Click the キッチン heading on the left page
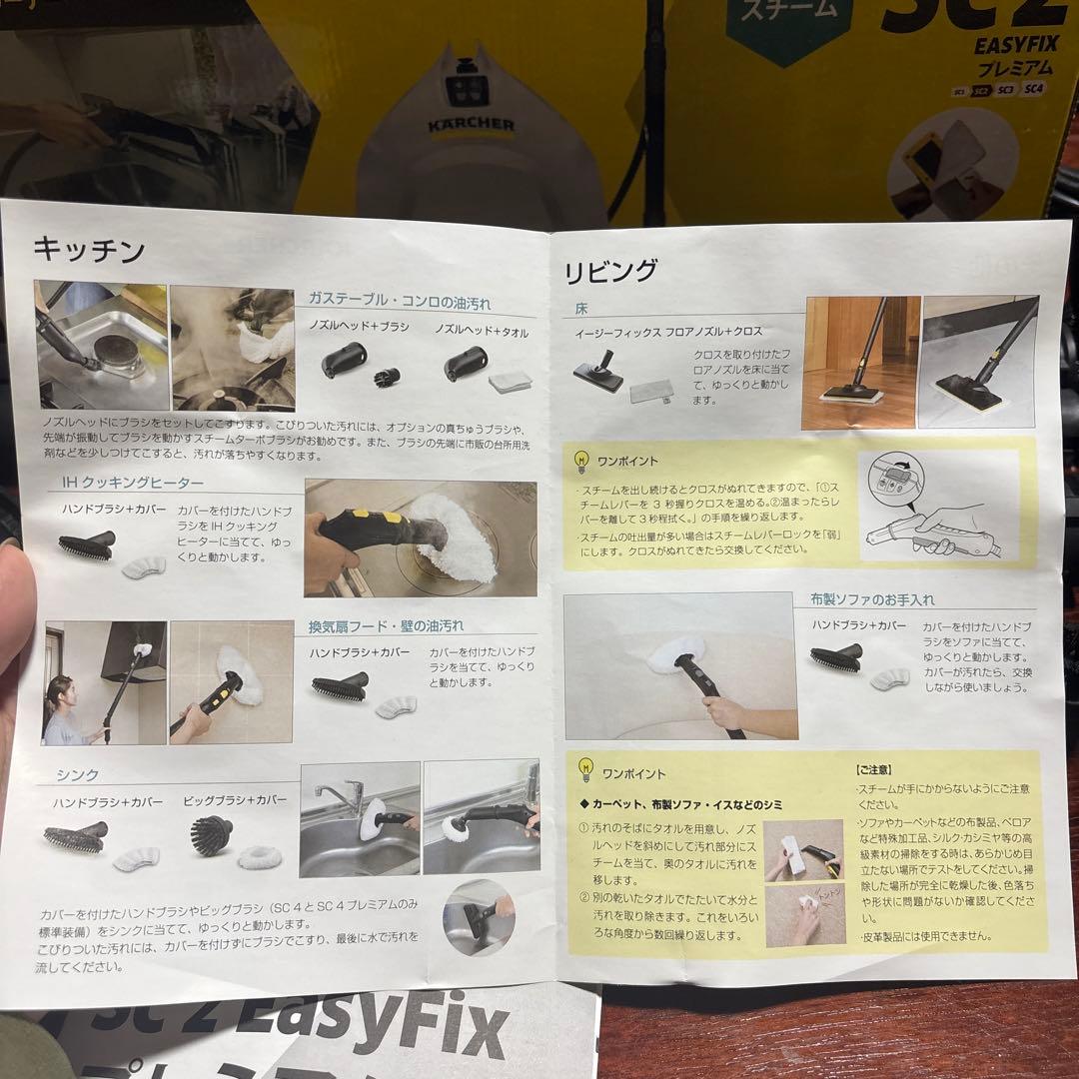[89, 249]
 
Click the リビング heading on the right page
[610, 271]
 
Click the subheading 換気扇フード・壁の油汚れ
[386, 626]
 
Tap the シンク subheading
[77, 774]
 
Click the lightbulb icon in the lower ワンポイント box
[585, 770]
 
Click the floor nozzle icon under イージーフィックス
[598, 376]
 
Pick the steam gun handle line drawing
[939, 505]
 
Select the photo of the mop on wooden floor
[859, 363]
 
